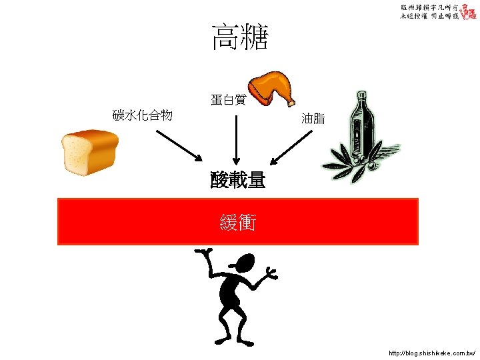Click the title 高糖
click(239, 37)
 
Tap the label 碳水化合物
click(143, 116)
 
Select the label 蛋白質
click(228, 101)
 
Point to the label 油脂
click(313, 119)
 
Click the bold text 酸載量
click(238, 179)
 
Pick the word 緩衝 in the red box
click(237, 222)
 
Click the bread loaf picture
click(89, 153)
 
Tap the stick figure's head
click(242, 264)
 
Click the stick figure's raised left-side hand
click(202, 253)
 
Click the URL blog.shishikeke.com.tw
click(432, 351)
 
